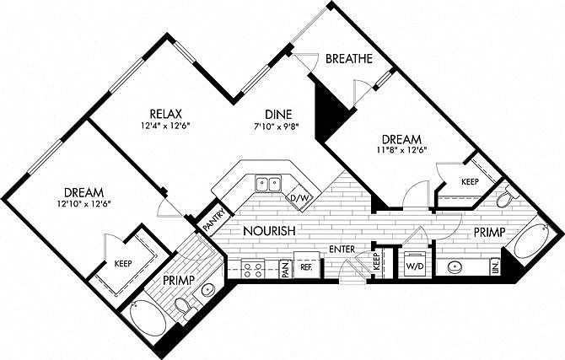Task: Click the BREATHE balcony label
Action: tap(349, 59)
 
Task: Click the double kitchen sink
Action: tap(268, 185)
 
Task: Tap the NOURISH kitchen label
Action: tap(270, 231)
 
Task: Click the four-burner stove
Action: tap(253, 270)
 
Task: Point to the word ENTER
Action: tap(342, 249)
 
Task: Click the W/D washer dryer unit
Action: tap(414, 265)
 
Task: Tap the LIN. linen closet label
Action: tap(496, 266)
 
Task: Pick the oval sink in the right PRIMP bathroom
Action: tap(456, 267)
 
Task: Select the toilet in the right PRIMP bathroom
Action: tap(507, 196)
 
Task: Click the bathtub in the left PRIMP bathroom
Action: tap(148, 319)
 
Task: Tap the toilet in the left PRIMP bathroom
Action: tap(186, 308)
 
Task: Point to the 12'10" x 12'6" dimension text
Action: tap(83, 204)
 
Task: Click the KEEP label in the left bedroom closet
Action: tap(123, 264)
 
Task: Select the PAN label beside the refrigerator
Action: tap(286, 269)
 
